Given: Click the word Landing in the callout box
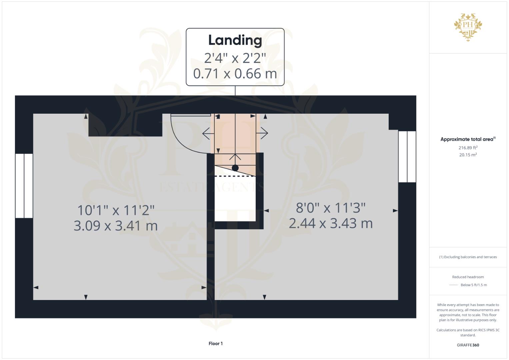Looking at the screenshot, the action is [235, 40].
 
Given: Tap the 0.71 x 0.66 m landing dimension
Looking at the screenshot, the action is [235, 74].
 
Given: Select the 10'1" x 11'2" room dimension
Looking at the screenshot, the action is [116, 210].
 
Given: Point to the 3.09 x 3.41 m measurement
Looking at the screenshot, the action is [116, 226].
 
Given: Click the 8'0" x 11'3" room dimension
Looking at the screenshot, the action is [331, 208].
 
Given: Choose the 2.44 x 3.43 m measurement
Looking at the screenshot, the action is [331, 223].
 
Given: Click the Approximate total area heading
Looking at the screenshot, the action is [468, 139].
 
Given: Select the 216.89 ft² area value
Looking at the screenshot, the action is [468, 148].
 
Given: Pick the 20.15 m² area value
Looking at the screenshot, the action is [468, 155].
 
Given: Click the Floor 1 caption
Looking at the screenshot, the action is [216, 343].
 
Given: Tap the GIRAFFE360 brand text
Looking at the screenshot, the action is [468, 345].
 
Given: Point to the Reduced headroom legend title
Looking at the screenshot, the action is [468, 277].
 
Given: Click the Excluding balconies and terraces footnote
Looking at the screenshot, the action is [468, 257].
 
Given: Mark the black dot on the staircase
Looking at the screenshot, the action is [235, 168].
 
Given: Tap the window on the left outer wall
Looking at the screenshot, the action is [24, 186].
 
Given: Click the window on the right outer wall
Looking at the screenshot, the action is [407, 157].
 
